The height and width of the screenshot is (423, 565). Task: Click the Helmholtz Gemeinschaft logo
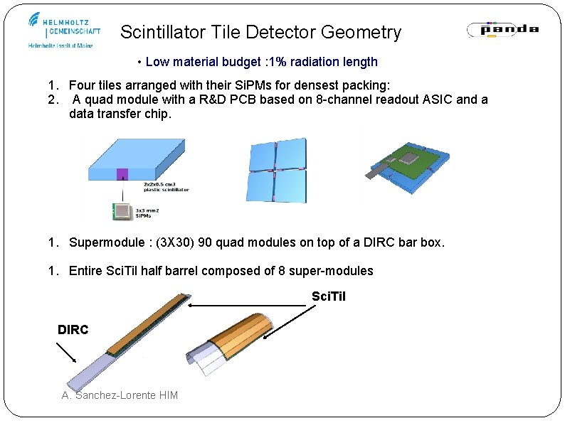tap(64, 30)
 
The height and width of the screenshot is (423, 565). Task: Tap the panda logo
tap(502, 30)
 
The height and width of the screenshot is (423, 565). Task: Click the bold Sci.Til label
tap(329, 296)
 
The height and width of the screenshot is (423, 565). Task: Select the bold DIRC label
tap(73, 329)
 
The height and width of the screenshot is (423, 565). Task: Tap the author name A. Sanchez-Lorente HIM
tap(120, 395)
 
